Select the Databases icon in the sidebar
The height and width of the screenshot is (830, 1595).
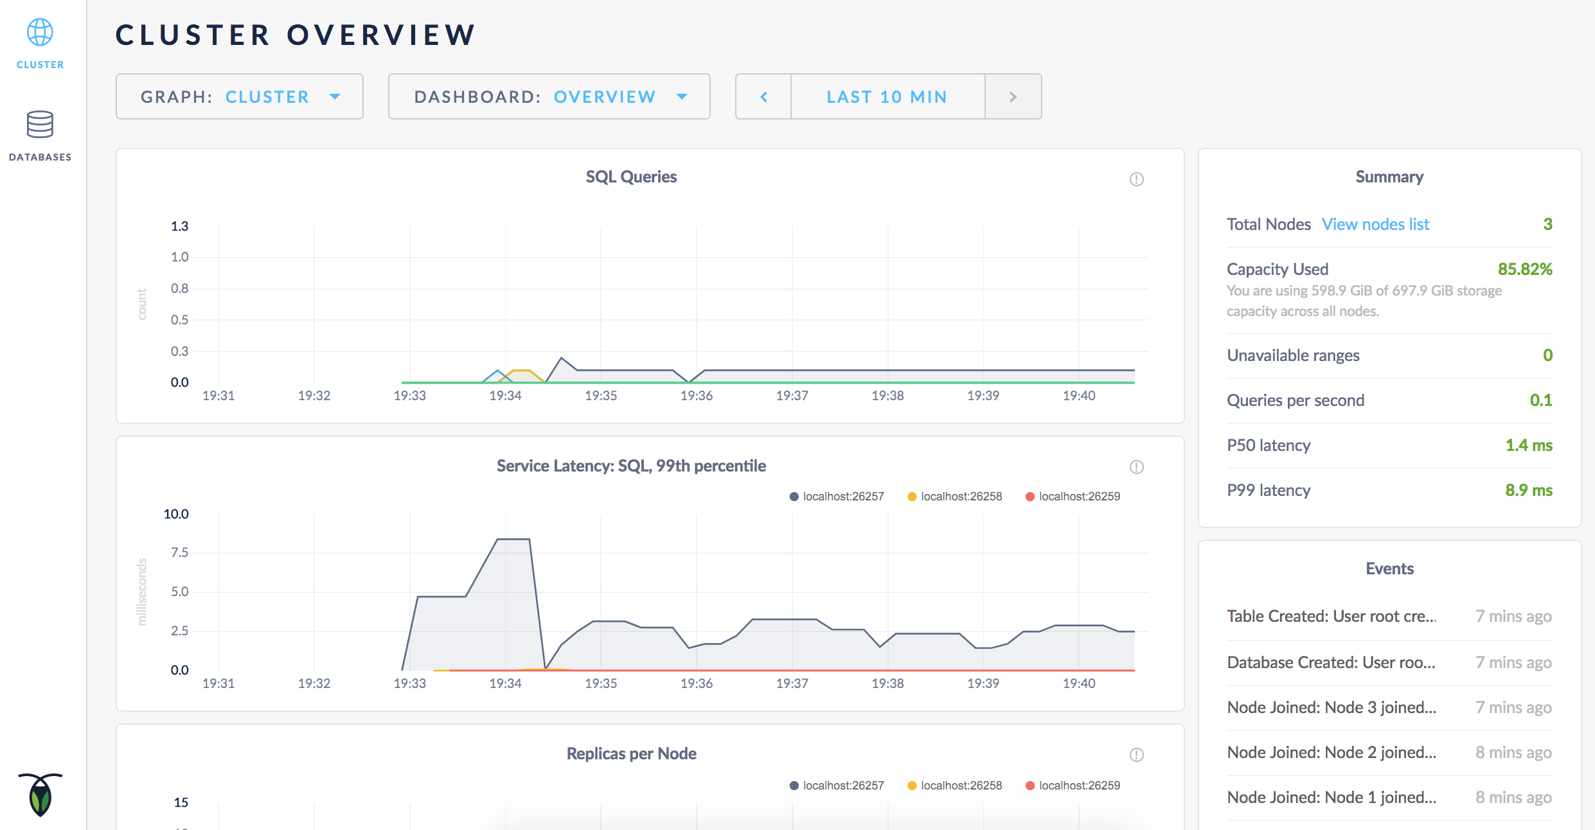click(x=40, y=125)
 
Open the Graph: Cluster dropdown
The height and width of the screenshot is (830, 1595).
click(x=240, y=97)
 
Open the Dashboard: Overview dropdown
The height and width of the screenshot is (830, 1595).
click(x=549, y=97)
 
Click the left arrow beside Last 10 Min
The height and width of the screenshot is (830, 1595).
click(x=763, y=97)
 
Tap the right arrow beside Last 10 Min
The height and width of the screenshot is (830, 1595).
click(x=1013, y=97)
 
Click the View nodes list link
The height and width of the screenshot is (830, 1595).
click(x=1375, y=224)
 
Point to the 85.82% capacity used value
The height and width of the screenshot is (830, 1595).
click(x=1524, y=269)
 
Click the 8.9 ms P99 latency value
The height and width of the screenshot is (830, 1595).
click(x=1528, y=490)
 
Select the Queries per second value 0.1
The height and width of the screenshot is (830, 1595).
click(x=1540, y=400)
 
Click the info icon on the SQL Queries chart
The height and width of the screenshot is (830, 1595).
click(x=1136, y=179)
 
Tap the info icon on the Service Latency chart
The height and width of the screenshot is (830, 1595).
click(x=1136, y=467)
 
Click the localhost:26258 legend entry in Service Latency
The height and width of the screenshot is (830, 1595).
click(x=955, y=497)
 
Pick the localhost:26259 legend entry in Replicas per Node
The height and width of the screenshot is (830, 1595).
click(x=1073, y=786)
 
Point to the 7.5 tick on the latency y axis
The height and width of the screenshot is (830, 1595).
click(x=179, y=552)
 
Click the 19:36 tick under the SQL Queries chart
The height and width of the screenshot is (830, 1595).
click(x=697, y=396)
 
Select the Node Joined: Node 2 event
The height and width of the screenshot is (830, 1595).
click(x=1331, y=752)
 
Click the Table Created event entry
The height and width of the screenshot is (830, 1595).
click(x=1331, y=616)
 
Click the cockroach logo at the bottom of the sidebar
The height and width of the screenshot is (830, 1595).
click(x=40, y=795)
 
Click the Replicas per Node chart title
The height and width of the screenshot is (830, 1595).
click(x=631, y=754)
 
